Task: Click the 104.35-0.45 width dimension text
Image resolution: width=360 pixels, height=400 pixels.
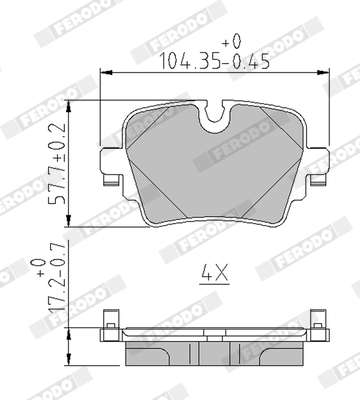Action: tap(215, 62)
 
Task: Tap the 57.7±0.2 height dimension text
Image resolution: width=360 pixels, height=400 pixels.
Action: tap(57, 163)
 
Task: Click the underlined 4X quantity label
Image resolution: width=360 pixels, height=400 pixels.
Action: tap(215, 273)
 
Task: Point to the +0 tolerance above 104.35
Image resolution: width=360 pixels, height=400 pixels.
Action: tap(231, 42)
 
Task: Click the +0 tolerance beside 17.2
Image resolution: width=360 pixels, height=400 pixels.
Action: tap(39, 268)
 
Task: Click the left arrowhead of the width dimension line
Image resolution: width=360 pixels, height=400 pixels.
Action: tap(106, 72)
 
